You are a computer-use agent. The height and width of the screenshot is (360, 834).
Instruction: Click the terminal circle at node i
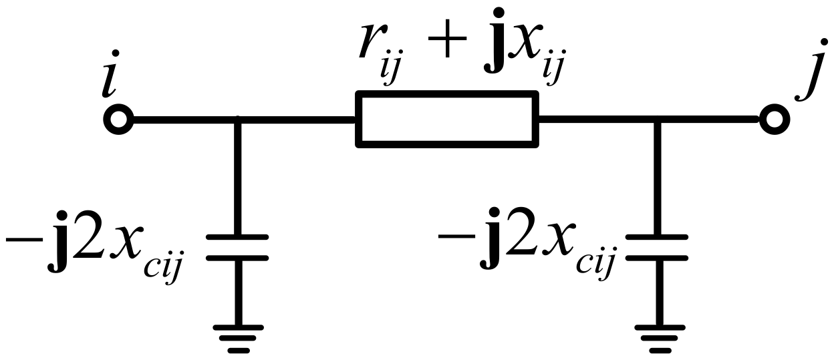coord(119,121)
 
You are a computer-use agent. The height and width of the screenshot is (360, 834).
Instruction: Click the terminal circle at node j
coord(775,121)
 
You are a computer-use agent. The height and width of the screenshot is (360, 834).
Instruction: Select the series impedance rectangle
coord(447,120)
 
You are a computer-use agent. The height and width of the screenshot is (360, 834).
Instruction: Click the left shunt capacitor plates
coord(237,247)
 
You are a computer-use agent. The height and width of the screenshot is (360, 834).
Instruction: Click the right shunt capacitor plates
coord(656,247)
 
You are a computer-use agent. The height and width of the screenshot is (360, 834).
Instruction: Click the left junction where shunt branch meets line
coord(237,121)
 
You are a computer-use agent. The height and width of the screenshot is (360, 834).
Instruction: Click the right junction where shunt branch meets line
coord(656,121)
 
